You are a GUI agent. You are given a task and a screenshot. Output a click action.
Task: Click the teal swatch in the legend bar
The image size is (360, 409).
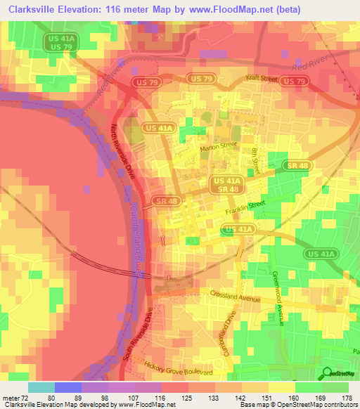(41, 387)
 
